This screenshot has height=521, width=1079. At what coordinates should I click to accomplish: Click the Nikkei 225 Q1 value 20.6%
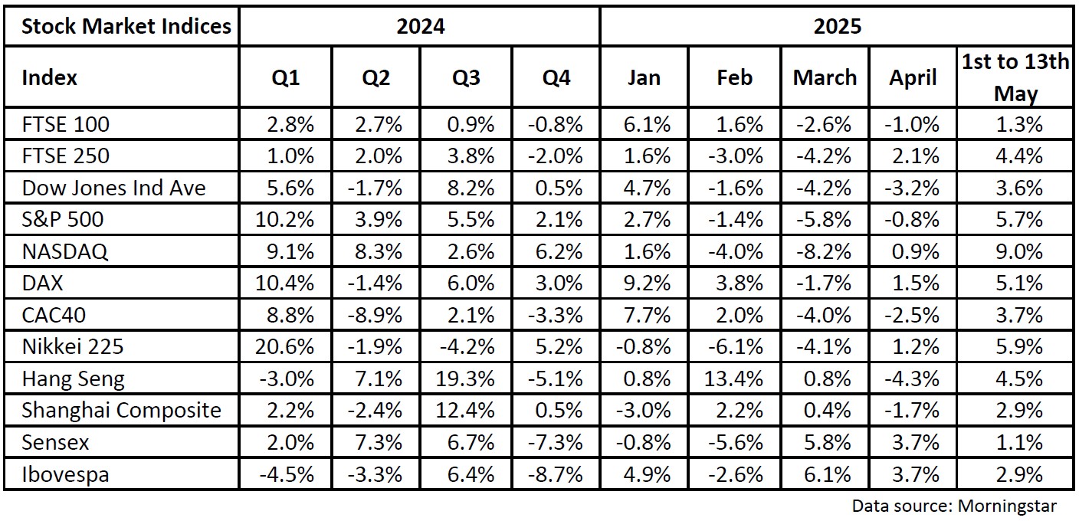pos(284,346)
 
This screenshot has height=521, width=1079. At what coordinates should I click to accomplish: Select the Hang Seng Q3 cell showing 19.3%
pos(465,378)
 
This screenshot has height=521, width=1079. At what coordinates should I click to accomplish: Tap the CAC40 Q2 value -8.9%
pos(375,315)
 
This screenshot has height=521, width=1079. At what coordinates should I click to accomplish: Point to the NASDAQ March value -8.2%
pos(824,251)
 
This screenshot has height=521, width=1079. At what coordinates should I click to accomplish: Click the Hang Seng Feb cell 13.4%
pos(733,378)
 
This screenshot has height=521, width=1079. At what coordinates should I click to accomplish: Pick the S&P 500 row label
pos(63,219)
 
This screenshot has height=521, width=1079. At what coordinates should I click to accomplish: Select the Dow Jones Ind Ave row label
pos(113,187)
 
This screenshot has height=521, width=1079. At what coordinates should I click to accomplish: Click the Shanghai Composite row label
pos(121,410)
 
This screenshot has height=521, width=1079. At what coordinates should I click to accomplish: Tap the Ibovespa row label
pos(65,475)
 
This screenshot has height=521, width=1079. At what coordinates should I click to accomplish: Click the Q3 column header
pos(466,77)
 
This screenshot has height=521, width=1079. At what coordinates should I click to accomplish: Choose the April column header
pos(913,77)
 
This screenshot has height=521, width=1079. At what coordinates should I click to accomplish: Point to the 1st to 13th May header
pos(1015,77)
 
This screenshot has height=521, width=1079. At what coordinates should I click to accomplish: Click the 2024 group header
pos(421,26)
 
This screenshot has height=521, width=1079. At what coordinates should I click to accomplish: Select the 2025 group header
pos(837,26)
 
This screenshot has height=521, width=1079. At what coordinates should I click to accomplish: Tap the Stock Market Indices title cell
pos(126,26)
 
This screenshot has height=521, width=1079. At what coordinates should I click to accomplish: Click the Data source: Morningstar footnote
pos(954,506)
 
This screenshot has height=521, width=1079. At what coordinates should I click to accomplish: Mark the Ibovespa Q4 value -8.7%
pos(555,475)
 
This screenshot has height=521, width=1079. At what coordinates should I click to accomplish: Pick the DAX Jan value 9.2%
pos(647,283)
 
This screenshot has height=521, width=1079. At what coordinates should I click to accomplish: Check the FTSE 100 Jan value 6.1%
pos(647,124)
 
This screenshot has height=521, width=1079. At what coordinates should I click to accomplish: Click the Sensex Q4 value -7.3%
pos(555,442)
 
